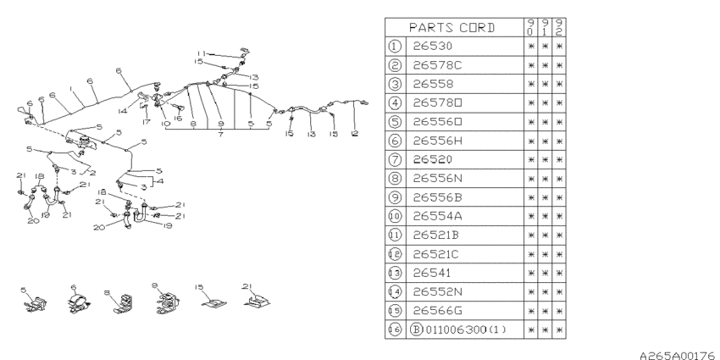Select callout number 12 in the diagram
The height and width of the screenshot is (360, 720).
click(354, 133)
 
